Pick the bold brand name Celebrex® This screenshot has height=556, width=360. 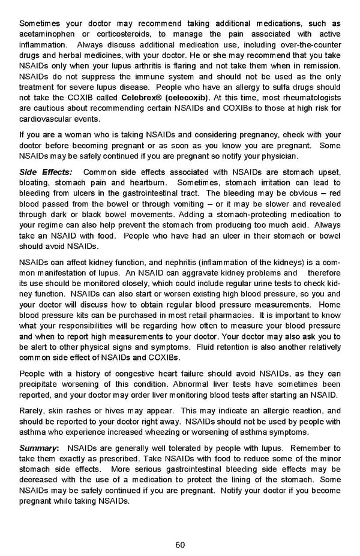142,97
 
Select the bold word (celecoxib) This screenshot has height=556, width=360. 187,97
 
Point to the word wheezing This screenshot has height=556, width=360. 163,432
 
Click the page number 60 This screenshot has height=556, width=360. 180,545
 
